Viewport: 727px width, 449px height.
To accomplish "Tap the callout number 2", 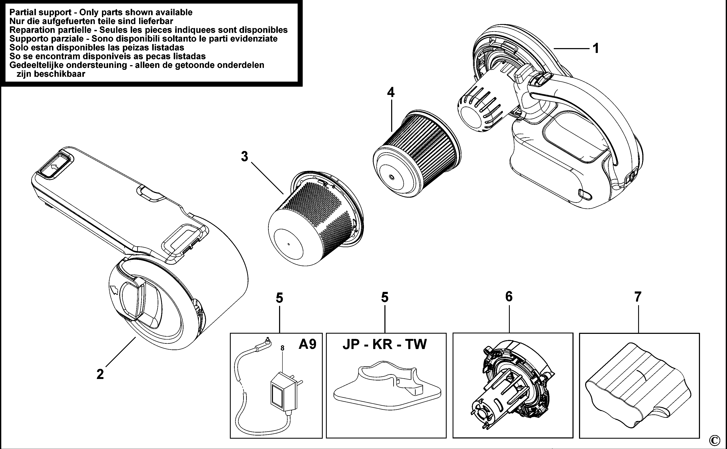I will point(100,374).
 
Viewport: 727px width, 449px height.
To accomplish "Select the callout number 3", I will point(244,156).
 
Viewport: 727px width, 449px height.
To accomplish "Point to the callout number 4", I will point(391,92).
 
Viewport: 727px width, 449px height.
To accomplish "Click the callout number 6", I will point(509,297).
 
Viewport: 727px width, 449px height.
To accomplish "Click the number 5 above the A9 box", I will point(279,298).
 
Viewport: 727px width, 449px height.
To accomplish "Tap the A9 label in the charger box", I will point(307,344).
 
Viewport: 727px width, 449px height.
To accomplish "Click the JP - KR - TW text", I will point(385,344).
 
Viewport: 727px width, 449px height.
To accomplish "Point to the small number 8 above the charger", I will point(282,348).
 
